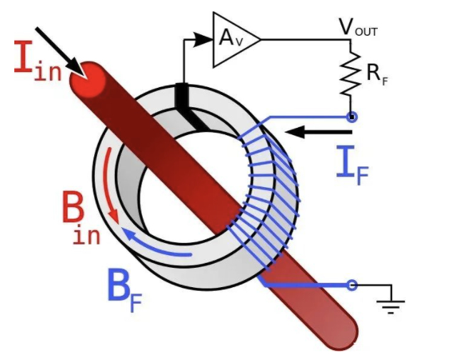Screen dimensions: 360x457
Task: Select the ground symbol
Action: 390,304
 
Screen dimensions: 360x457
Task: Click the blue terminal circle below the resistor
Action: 351,116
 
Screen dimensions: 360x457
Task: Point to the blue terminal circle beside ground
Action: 351,285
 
